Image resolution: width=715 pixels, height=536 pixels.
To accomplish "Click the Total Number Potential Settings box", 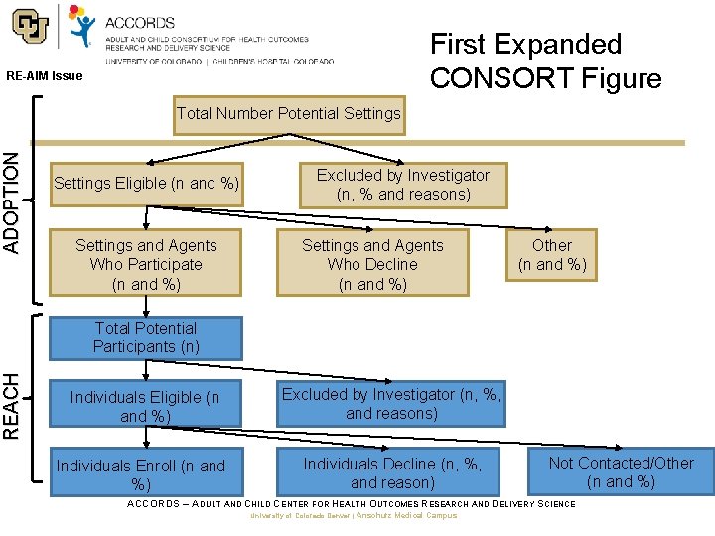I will pos(288,113).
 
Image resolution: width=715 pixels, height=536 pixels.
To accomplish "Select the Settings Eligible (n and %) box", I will pos(146,184).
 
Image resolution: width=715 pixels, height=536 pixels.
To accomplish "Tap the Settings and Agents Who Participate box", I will pos(146,264).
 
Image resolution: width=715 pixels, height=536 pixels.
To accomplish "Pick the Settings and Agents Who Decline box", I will pos(372,264).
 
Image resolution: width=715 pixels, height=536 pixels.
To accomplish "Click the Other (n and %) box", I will pos(552,255).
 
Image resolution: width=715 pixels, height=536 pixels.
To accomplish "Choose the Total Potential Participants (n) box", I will pos(146,337).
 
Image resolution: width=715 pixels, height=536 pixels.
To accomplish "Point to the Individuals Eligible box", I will pos(146,406).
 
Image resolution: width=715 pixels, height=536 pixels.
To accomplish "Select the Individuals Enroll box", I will pos(141,474).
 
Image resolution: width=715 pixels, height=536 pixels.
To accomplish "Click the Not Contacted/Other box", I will pos(621,471).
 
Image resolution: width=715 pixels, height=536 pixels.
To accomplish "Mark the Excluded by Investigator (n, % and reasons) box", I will pos(403,185).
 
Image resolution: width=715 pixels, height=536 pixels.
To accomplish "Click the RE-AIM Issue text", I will pos(45,76).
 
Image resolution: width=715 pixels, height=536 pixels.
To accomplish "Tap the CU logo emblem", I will pos(31,29).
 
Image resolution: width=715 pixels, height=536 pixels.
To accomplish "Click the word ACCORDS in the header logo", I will pos(140,22).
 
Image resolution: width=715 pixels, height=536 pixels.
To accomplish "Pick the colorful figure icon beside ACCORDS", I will pos(83,25).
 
